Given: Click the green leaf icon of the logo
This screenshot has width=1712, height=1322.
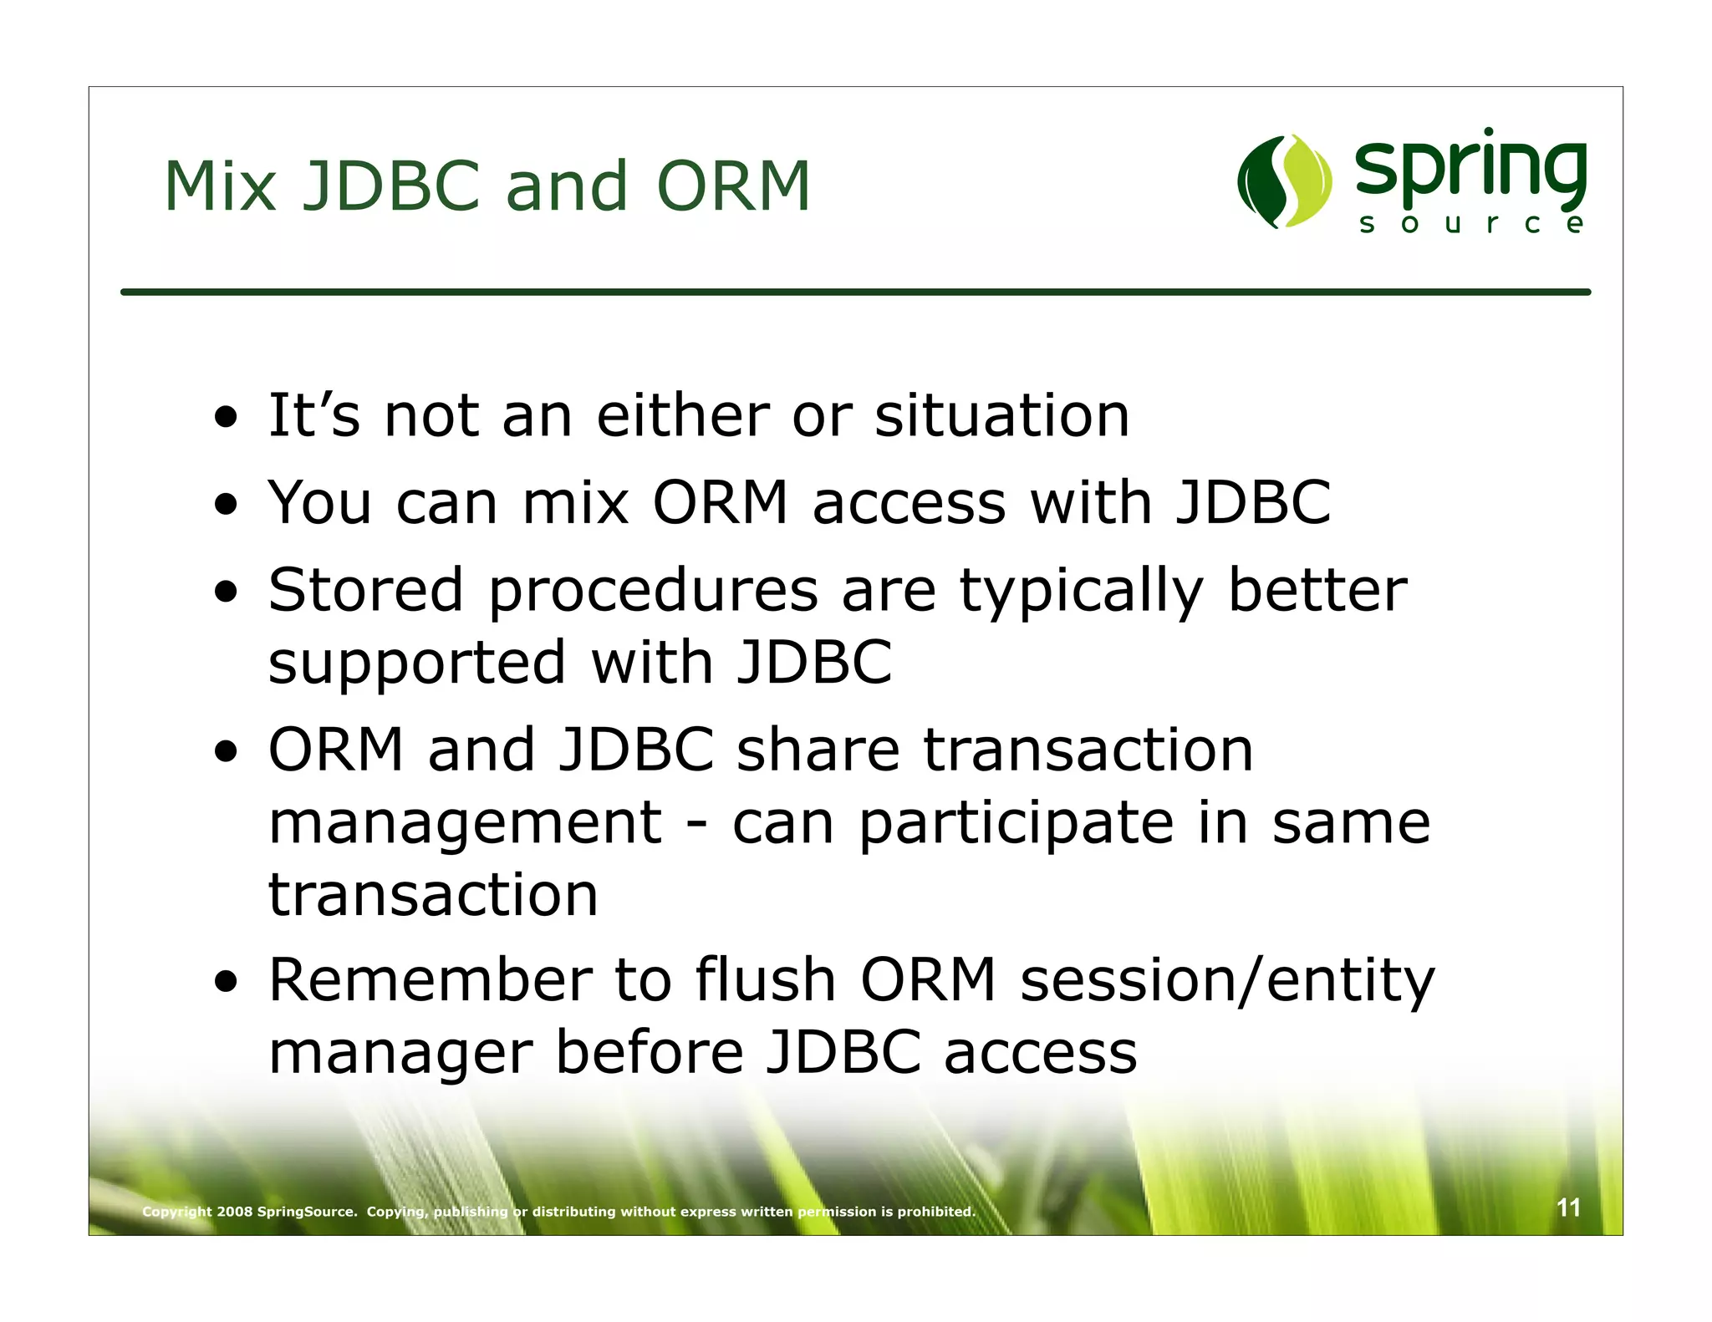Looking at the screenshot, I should click(x=1284, y=181).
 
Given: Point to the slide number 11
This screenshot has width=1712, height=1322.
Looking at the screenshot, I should click(x=1568, y=1208).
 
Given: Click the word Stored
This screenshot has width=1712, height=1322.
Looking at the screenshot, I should click(x=365, y=590).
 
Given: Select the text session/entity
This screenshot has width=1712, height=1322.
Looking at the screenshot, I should click(x=1227, y=983).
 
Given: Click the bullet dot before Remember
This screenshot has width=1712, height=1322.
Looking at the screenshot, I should click(x=226, y=983).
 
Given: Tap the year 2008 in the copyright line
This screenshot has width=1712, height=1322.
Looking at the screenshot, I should click(x=235, y=1212).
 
